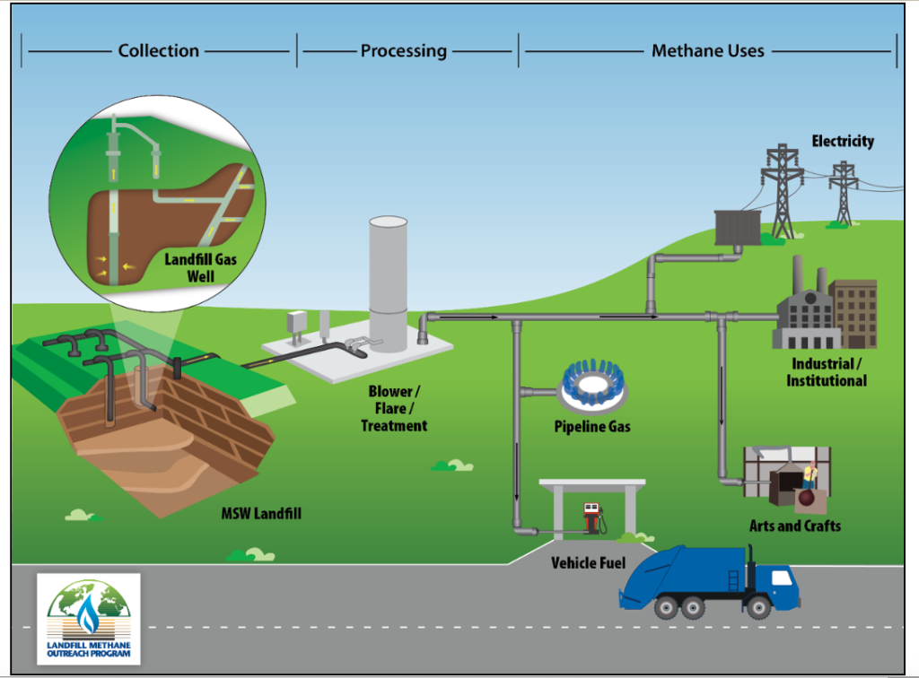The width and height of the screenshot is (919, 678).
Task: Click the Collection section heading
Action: (159, 51)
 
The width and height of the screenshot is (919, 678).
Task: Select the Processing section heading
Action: (404, 51)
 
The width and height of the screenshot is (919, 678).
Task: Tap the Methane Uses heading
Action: (708, 51)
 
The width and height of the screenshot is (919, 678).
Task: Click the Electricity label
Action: (843, 142)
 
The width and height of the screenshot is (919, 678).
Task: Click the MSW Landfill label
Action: (261, 515)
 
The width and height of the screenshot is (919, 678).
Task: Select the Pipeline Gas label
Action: (592, 427)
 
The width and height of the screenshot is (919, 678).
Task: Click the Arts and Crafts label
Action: (795, 526)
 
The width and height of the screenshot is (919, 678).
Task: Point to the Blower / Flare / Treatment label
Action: (394, 409)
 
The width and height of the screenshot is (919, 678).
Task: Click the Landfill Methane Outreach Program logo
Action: (88, 618)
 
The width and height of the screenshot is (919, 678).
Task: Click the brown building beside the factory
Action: (853, 313)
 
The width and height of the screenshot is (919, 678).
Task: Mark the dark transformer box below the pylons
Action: (737, 227)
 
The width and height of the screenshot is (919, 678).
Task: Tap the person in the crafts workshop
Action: (810, 477)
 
